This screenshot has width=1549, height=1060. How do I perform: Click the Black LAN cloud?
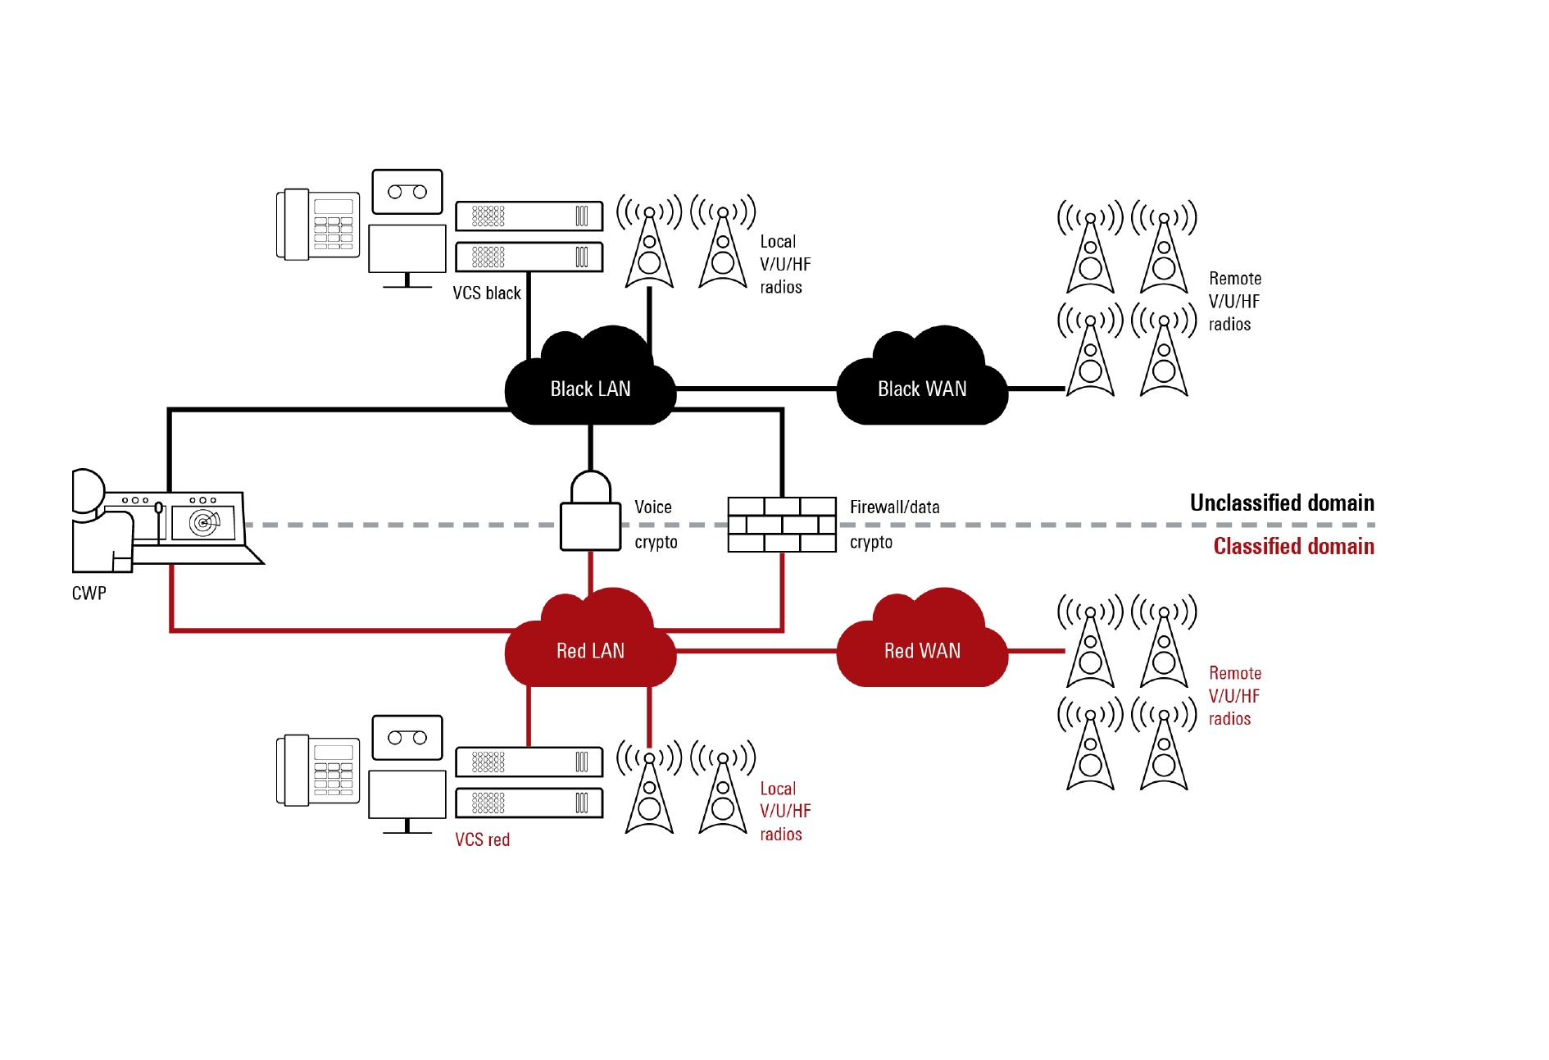[x=590, y=385]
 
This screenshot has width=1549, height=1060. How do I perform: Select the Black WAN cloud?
[x=922, y=385]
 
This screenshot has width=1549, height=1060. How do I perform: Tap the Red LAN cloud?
[x=590, y=648]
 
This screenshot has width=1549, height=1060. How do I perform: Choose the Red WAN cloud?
[x=922, y=648]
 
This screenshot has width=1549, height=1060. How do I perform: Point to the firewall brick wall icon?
[x=782, y=524]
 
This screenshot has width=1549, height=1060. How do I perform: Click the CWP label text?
[x=89, y=594]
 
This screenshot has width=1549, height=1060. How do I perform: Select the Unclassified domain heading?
[x=1282, y=503]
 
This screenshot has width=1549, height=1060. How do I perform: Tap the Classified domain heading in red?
[x=1293, y=546]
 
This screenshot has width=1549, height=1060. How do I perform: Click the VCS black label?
[x=487, y=293]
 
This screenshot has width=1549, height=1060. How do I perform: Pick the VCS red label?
[x=483, y=839]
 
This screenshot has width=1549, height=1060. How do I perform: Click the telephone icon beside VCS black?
[x=318, y=225]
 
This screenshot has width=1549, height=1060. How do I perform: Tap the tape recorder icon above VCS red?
[x=407, y=738]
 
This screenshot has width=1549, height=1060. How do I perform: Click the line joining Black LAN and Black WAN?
[x=756, y=389]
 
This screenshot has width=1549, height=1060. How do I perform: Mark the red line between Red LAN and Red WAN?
[x=756, y=651]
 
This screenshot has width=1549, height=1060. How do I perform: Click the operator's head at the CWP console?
[x=87, y=491]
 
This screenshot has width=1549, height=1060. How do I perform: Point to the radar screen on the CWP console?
[x=203, y=522]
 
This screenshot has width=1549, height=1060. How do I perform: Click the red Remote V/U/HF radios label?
[x=1234, y=696]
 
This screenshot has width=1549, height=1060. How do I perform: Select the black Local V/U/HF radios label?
[x=784, y=264]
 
